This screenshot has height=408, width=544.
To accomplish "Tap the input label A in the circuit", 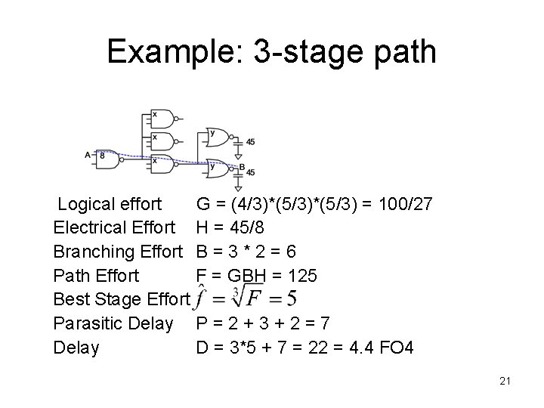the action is click(x=88, y=155).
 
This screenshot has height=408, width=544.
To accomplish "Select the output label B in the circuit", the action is click(x=243, y=168).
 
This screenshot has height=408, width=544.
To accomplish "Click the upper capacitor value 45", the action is click(x=250, y=141).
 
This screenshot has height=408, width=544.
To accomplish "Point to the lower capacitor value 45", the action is click(x=250, y=173).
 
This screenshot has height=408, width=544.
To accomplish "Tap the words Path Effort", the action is click(x=96, y=275).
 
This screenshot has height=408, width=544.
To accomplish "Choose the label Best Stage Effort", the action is click(x=120, y=300).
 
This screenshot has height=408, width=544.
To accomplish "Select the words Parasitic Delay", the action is click(x=113, y=324).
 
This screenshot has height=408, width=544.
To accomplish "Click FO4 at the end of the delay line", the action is click(x=394, y=348).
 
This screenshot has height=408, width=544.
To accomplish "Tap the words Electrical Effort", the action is click(x=114, y=227).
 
